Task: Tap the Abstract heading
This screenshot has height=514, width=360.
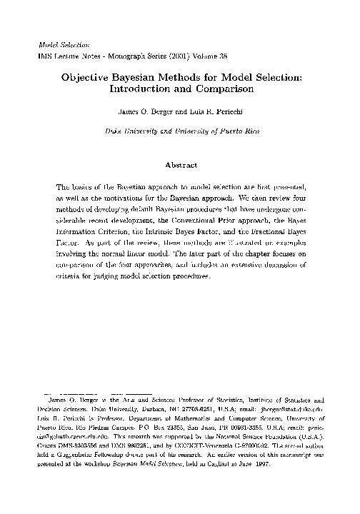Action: pyautogui.click(x=181, y=165)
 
